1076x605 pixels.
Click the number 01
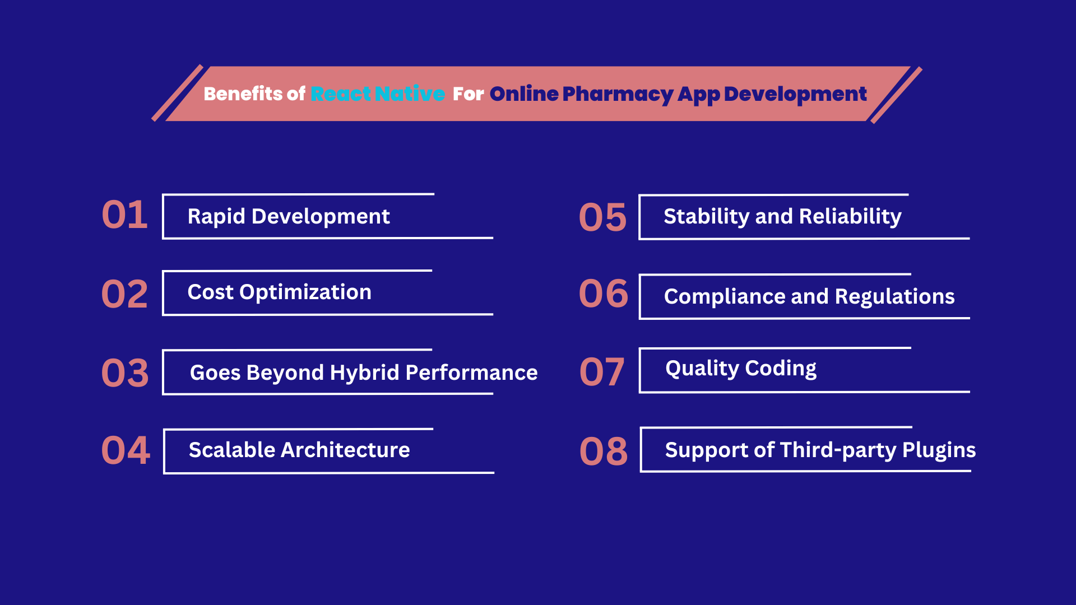tap(124, 215)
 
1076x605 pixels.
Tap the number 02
tap(124, 294)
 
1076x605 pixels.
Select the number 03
tap(125, 373)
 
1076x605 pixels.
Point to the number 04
tap(126, 450)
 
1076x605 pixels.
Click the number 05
tap(602, 217)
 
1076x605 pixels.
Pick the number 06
tap(604, 294)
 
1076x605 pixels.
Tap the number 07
tap(602, 372)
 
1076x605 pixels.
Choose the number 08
tap(604, 452)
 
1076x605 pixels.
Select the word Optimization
tap(305, 292)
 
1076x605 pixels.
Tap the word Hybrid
tap(365, 373)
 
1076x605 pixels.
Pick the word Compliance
tap(725, 297)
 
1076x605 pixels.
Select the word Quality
tap(702, 369)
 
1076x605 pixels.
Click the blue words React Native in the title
tap(378, 94)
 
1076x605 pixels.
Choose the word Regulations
tap(894, 297)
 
